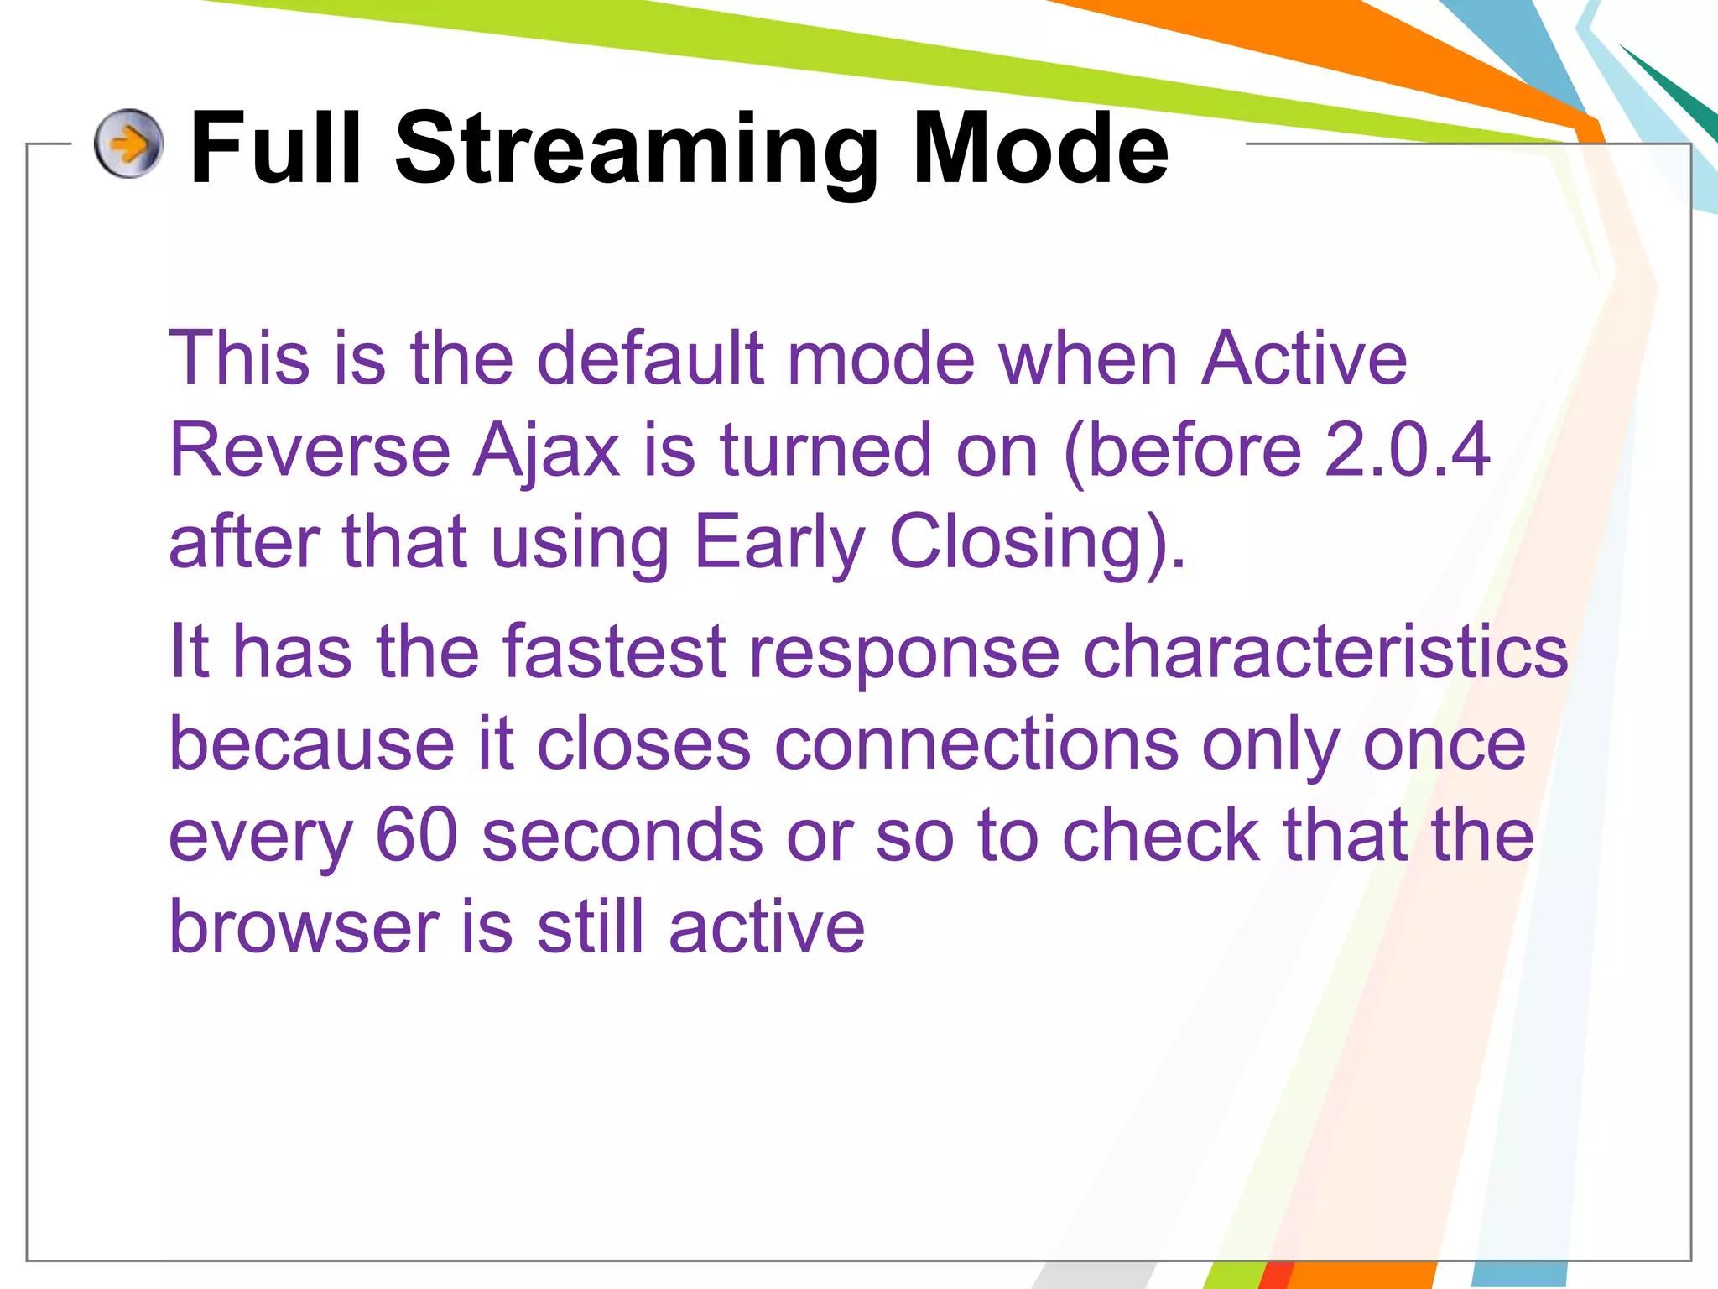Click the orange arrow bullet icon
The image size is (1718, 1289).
(128, 144)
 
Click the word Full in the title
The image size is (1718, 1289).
(276, 149)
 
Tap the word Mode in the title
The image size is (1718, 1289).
(1039, 149)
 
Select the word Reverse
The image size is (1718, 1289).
(310, 451)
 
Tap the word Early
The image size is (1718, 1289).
(779, 544)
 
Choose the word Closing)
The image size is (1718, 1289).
(1037, 544)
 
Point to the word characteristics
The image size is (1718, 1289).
(1325, 652)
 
